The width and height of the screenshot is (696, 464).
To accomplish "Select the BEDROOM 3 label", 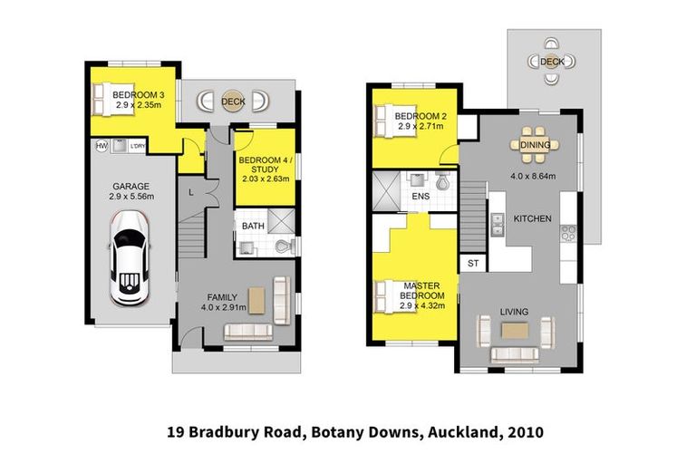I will click(x=138, y=95).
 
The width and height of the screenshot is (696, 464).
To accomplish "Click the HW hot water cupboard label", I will click(x=101, y=146).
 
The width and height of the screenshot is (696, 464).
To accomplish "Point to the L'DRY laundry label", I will click(x=139, y=146).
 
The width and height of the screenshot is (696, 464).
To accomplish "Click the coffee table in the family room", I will click(x=256, y=299).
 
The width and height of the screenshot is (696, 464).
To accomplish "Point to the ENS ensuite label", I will click(x=420, y=196).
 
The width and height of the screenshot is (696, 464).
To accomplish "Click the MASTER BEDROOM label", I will click(x=423, y=291).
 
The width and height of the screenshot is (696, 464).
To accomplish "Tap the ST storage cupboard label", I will click(x=472, y=264).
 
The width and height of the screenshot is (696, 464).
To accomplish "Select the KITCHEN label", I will click(x=533, y=219).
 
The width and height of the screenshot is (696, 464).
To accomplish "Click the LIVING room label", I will click(x=514, y=312).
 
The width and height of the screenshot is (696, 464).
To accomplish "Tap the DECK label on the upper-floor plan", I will click(x=551, y=62).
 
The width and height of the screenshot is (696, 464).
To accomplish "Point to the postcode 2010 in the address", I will click(x=527, y=432).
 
